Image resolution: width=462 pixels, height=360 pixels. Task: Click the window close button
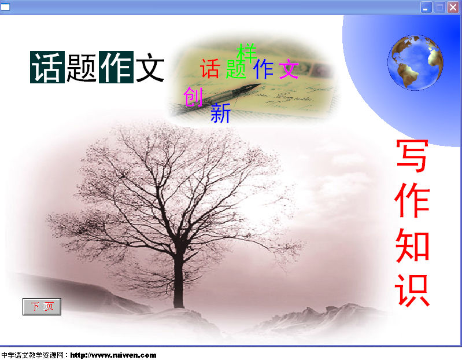click(x=453, y=7)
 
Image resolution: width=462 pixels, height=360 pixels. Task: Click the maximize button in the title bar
click(x=439, y=7)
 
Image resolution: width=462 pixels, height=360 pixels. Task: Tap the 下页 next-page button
click(x=42, y=307)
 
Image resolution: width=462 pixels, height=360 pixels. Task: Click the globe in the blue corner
click(x=415, y=63)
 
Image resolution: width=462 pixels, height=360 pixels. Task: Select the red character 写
click(x=412, y=156)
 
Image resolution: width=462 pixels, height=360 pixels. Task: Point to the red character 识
click(x=412, y=291)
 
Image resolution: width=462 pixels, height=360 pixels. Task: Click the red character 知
click(x=412, y=245)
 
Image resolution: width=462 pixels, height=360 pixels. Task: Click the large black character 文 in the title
click(x=150, y=67)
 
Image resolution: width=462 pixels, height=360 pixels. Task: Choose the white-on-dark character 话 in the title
click(x=47, y=67)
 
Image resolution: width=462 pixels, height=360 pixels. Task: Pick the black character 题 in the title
click(x=82, y=67)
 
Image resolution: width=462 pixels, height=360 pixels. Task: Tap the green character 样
click(x=247, y=53)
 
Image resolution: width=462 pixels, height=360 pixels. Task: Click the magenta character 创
click(x=193, y=97)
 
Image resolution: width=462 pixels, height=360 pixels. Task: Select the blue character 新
click(x=220, y=113)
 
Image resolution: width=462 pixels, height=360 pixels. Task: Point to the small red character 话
click(x=210, y=69)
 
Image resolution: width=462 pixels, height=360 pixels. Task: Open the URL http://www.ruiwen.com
click(x=113, y=355)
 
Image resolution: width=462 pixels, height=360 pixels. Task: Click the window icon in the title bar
click(x=5, y=6)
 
